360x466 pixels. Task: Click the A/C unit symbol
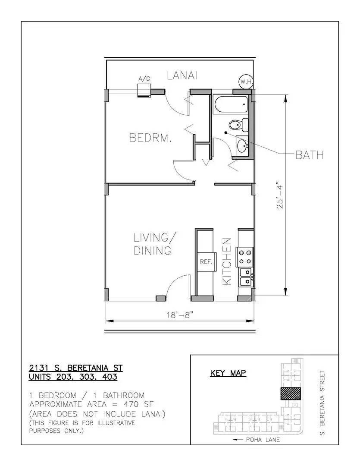(x=144, y=90)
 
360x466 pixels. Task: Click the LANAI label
(x=182, y=76)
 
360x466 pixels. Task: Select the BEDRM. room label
(x=151, y=138)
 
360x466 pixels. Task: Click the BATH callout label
(x=309, y=155)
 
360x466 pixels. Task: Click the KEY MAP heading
(x=228, y=373)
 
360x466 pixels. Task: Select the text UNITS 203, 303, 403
(x=73, y=377)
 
